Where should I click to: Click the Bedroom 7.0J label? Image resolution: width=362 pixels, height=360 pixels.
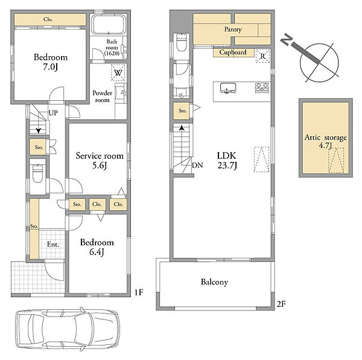coord(51,62)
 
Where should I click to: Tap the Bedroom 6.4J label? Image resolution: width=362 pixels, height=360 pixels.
coord(97,247)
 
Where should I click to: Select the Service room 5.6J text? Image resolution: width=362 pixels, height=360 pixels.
coord(100,161)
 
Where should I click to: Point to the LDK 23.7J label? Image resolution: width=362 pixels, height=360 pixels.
coord(227,160)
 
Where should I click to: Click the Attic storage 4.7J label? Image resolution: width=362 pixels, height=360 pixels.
coord(326,141)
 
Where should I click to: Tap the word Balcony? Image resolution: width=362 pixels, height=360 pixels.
coord(214,282)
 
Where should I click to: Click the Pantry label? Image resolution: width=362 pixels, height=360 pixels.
coord(233,30)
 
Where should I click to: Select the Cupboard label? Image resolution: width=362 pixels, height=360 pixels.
coord(233,53)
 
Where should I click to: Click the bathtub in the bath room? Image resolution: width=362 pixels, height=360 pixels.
coord(109,25)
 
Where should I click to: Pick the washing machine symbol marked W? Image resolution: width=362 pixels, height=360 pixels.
coord(118,72)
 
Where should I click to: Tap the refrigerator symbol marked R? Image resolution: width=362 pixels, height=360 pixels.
coord(262,56)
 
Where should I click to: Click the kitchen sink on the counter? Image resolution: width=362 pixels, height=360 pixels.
coord(228,88)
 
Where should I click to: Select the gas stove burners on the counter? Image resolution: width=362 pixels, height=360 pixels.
coord(262,88)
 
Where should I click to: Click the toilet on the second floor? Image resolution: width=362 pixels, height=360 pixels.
coord(182,42)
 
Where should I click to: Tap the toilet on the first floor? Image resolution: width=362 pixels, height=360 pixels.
coord(37,173)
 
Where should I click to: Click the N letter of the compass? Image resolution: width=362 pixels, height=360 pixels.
coord(287,39)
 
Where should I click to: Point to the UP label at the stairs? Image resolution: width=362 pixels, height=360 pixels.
coord(53,113)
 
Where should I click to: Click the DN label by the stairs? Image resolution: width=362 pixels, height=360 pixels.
coord(197,166)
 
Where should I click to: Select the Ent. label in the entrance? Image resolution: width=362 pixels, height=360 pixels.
coord(53,244)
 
